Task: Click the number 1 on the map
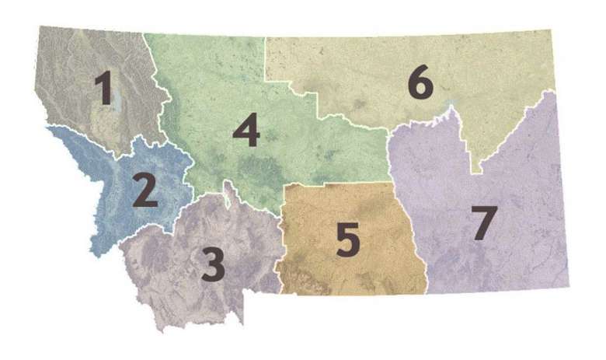pyautogui.click(x=103, y=89)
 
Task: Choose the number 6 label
pyautogui.click(x=419, y=83)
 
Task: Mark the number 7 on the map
pyautogui.click(x=482, y=223)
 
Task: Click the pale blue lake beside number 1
pyautogui.click(x=117, y=102)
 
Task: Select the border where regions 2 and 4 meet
pyautogui.click(x=187, y=167)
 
